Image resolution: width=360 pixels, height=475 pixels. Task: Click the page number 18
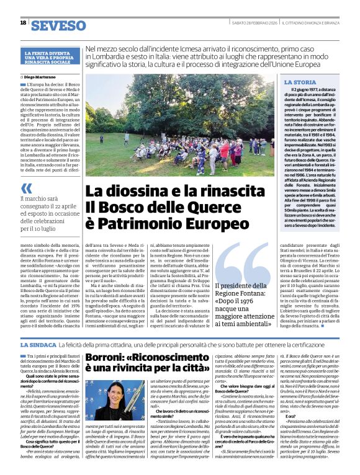pyautogui.click(x=23, y=24)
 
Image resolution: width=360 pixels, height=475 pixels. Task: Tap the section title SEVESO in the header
pyautogui.click(x=59, y=25)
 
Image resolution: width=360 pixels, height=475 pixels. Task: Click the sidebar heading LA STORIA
pyautogui.click(x=300, y=82)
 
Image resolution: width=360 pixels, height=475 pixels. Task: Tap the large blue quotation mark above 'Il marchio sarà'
pyautogui.click(x=25, y=189)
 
